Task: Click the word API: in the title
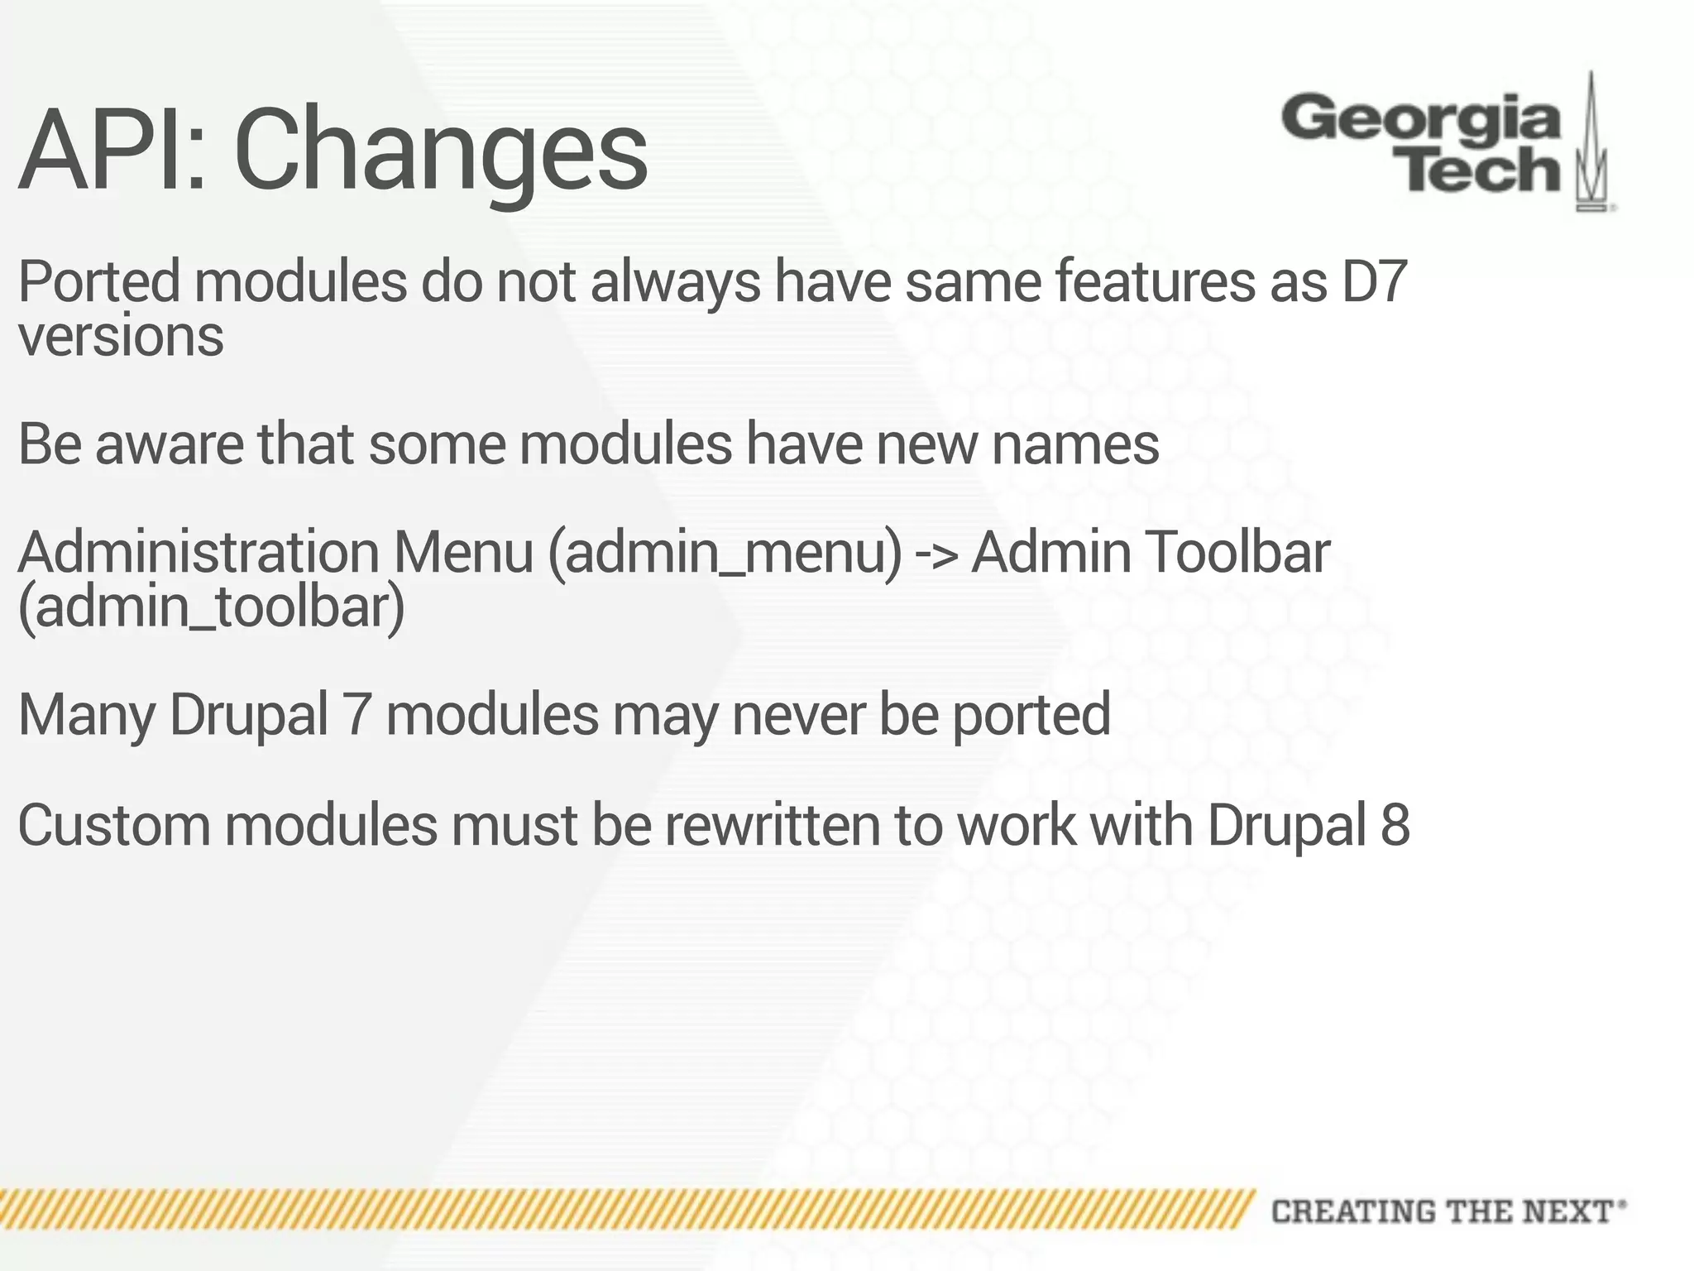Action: click(112, 151)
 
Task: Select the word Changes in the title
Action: click(441, 153)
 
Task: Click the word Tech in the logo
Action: click(1481, 171)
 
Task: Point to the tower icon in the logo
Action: click(1591, 145)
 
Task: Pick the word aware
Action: click(170, 444)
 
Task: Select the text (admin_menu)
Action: click(725, 553)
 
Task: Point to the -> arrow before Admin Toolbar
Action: click(936, 553)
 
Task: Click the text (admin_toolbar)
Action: click(212, 607)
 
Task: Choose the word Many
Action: click(86, 715)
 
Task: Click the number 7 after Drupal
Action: click(357, 714)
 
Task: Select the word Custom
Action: click(114, 825)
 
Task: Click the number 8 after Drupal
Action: click(1395, 825)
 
